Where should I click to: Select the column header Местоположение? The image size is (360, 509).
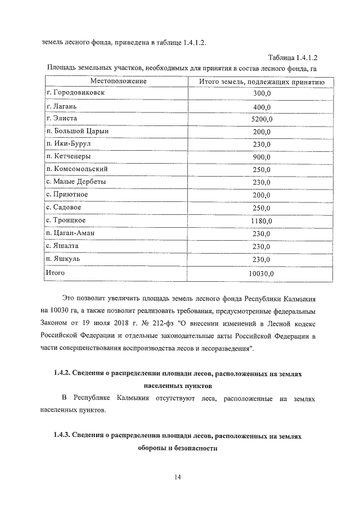pyautogui.click(x=109, y=82)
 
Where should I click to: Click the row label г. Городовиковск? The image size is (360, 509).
pyautogui.click(x=75, y=93)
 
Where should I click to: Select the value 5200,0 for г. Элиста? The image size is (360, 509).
pyautogui.click(x=262, y=119)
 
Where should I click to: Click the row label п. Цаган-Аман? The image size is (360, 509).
pyautogui.click(x=72, y=232)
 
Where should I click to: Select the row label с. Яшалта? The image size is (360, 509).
pyautogui.click(x=62, y=245)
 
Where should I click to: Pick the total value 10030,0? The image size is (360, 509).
pyautogui.click(x=262, y=273)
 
